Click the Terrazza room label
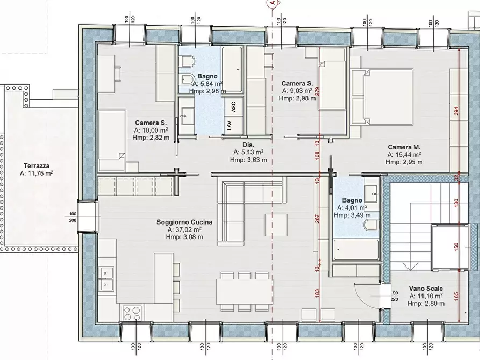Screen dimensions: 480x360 37,166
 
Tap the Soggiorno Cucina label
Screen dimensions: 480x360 184,222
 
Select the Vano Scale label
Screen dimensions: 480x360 426,289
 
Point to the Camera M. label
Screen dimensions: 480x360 404,147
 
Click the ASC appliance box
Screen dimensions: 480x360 234,106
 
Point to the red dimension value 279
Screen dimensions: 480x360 317,92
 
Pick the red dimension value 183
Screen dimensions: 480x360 317,293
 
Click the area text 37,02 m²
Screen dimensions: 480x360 184,229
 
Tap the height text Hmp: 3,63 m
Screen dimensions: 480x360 248,160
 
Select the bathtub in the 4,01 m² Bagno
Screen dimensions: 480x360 356,249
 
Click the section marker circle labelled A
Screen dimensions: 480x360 272,3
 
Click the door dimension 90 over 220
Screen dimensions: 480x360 395,296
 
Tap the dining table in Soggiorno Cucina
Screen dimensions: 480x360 244,291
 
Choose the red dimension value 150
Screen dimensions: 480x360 456,247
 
